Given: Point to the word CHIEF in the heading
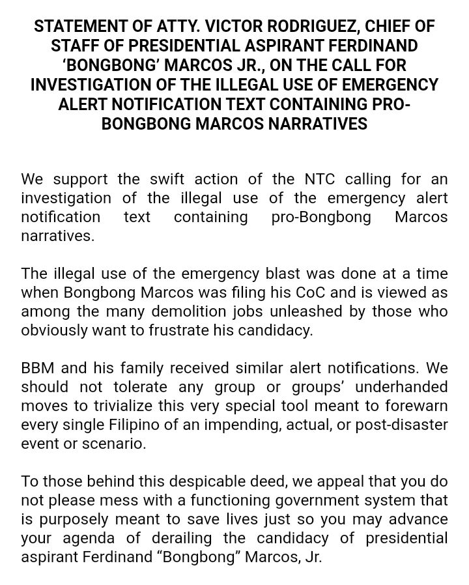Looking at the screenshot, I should tap(388, 27).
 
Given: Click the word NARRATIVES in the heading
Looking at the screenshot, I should tap(317, 124).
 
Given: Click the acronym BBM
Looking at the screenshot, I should tap(37, 368).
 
